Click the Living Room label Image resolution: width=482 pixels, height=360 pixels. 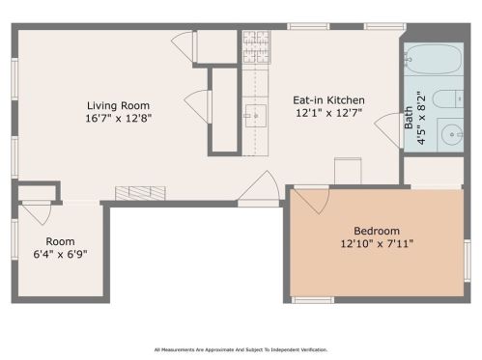[118, 105]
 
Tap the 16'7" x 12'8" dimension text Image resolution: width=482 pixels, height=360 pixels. [118, 118]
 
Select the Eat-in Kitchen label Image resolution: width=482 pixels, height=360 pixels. [328, 99]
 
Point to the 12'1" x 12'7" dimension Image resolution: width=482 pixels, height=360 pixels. [328, 112]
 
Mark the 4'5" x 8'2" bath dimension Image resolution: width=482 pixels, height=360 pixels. [420, 117]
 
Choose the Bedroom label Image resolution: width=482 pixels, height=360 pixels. [376, 231]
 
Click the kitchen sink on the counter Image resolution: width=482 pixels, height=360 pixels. [254, 116]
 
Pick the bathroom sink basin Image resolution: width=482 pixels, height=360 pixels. [451, 135]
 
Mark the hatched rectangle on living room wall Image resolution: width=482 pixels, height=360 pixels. [133, 193]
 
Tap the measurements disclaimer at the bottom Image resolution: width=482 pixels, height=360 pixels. [241, 349]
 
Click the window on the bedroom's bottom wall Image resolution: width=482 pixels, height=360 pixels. [312, 300]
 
